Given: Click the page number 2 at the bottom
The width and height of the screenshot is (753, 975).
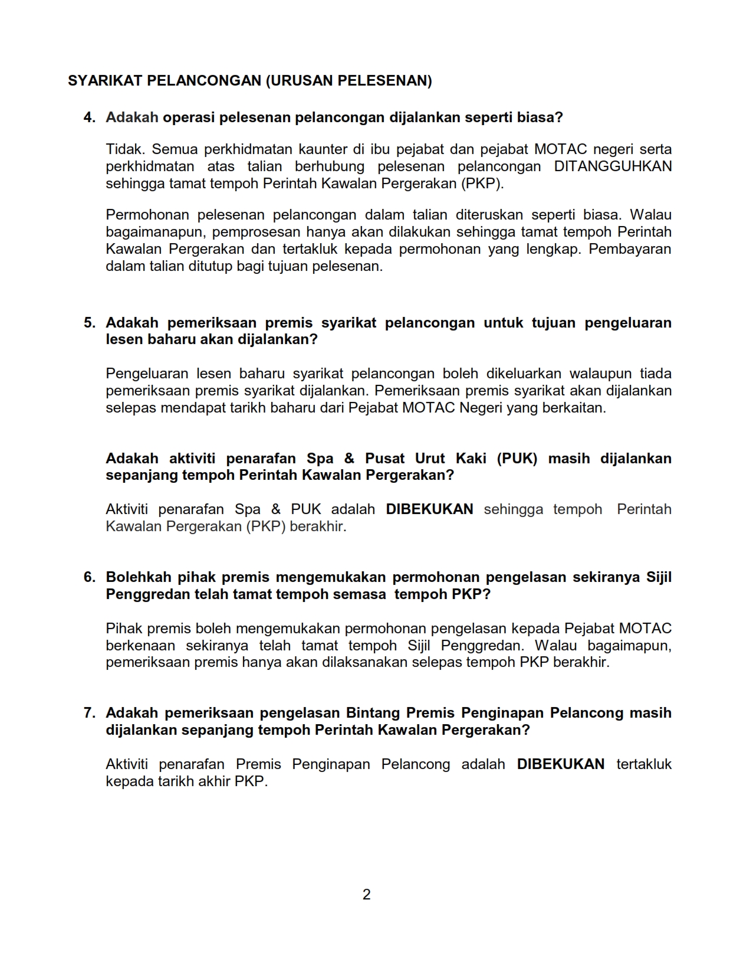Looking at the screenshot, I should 366,895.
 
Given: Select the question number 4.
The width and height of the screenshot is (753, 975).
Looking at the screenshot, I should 89,117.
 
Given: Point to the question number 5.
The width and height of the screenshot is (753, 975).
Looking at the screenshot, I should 89,323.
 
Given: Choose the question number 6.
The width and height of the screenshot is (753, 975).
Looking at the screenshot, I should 89,577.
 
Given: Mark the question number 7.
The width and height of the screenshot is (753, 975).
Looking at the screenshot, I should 89,713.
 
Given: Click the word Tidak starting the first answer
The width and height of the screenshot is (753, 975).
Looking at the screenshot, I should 123,149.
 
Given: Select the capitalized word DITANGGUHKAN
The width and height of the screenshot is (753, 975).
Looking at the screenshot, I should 613,166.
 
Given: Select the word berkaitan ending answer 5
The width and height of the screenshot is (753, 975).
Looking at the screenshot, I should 577,408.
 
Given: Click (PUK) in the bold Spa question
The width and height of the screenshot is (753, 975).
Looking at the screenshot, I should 517,459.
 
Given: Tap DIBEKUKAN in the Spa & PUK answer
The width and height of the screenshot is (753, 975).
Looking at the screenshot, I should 429,509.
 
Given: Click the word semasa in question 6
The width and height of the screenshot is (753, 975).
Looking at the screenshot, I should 359,594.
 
